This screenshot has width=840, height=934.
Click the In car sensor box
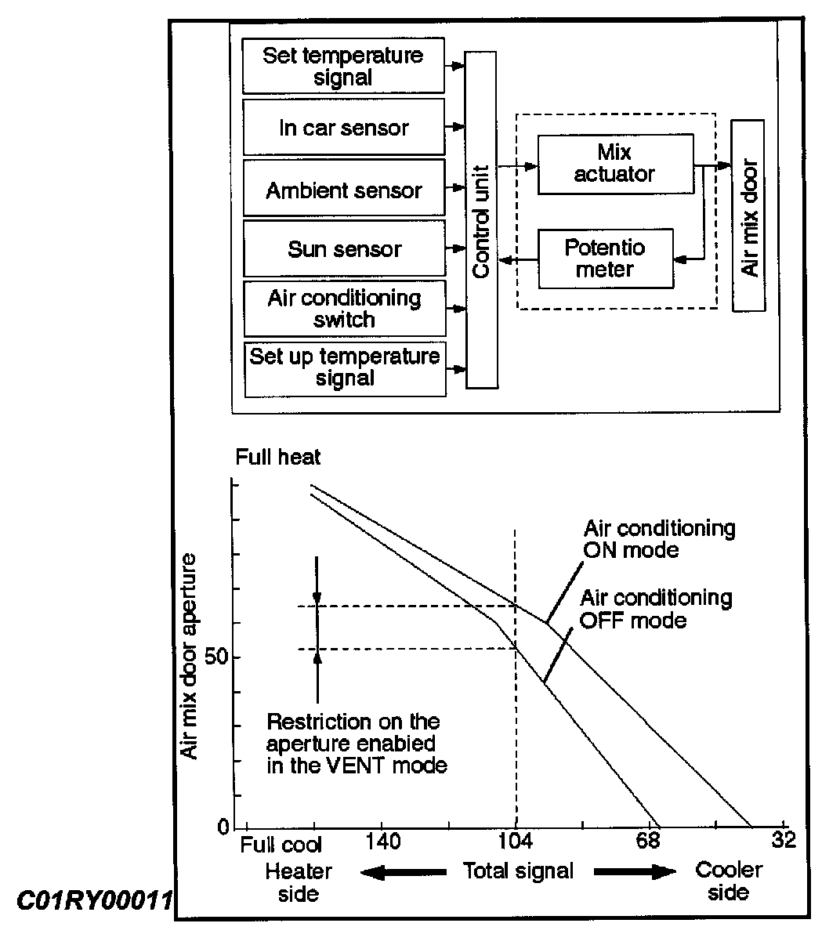click(x=343, y=128)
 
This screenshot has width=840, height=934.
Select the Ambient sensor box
click(x=343, y=189)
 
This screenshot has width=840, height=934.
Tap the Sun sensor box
click(x=343, y=248)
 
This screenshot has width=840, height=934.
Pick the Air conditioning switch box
click(x=343, y=309)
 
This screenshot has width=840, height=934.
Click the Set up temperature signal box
click(x=345, y=367)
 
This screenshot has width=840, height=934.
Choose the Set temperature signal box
click(x=343, y=67)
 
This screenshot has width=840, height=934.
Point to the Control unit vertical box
click(x=481, y=219)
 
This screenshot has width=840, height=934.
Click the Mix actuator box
click(x=615, y=163)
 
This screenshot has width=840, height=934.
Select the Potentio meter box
click(x=605, y=259)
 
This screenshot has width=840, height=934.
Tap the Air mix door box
click(x=748, y=215)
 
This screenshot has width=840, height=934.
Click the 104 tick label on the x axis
click(x=515, y=842)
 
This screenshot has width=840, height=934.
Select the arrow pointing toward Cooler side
click(x=635, y=871)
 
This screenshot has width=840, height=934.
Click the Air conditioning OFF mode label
click(x=656, y=609)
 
